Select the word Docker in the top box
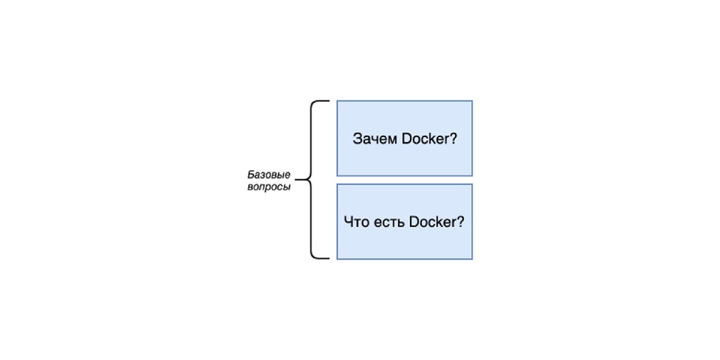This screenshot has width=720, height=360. click(x=425, y=139)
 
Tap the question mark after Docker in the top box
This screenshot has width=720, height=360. click(x=454, y=139)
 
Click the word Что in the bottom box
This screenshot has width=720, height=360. click(x=356, y=222)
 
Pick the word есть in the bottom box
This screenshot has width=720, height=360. click(x=388, y=222)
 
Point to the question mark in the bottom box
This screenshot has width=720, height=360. click(x=461, y=222)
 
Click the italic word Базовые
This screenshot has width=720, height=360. click(x=269, y=174)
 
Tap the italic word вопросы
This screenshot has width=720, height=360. click(x=269, y=188)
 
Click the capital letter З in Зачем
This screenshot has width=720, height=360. click(x=357, y=139)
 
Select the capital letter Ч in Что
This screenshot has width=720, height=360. click(x=348, y=222)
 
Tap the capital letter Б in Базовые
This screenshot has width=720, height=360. click(x=251, y=174)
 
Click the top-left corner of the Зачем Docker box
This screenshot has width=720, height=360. click(x=337, y=101)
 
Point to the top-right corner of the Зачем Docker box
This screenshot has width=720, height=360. click(x=472, y=101)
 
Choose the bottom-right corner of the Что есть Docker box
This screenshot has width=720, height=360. click(x=472, y=259)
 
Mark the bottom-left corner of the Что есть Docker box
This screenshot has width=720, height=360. click(x=337, y=259)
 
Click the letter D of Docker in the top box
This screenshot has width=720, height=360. click(x=406, y=139)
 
